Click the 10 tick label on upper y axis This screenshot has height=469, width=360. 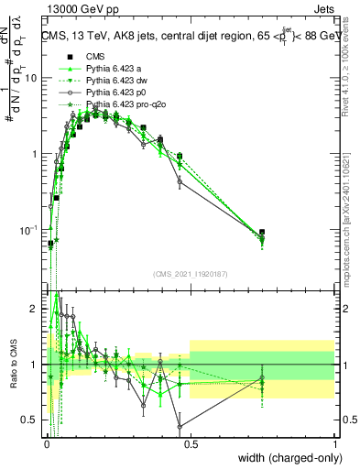click(x=30, y=78)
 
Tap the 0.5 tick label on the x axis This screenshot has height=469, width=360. click(x=190, y=442)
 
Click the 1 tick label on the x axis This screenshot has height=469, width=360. click(x=334, y=442)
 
